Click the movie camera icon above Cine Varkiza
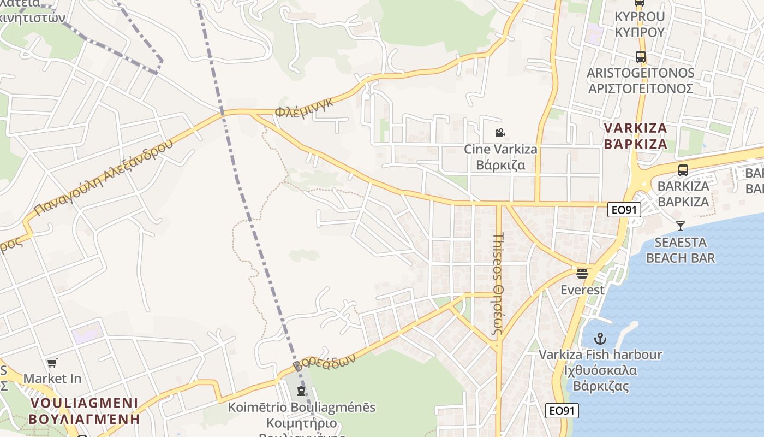click(x=499, y=133)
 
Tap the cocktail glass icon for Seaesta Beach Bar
click(x=681, y=226)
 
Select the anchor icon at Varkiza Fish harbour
click(x=600, y=339)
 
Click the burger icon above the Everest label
click(x=582, y=273)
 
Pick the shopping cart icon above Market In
click(x=52, y=363)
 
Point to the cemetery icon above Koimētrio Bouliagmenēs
click(x=301, y=391)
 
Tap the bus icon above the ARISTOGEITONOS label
click(x=640, y=56)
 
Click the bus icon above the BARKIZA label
click(x=683, y=170)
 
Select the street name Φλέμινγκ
click(x=304, y=107)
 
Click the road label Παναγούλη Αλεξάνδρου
click(x=103, y=176)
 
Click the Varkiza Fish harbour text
click(x=600, y=355)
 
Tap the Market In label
click(x=52, y=378)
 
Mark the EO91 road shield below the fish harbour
click(x=562, y=411)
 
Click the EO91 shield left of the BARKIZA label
click(x=624, y=209)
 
